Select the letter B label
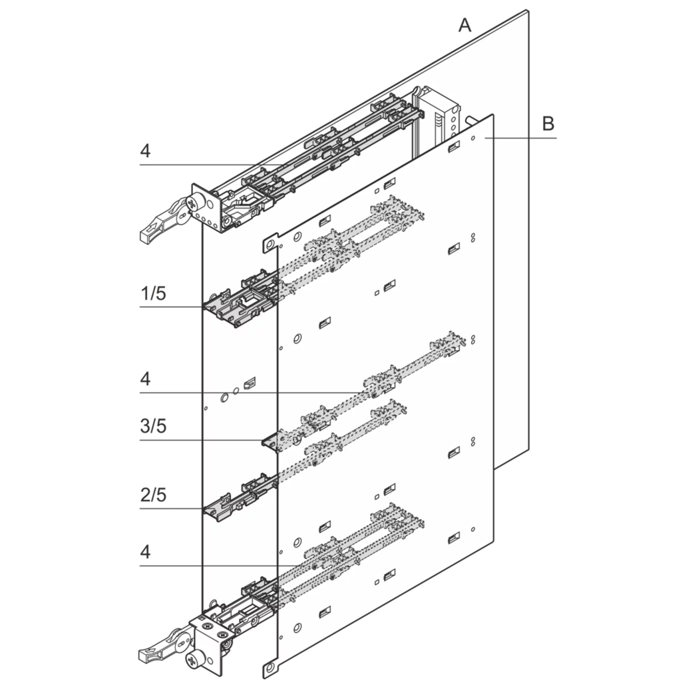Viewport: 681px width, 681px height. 548,123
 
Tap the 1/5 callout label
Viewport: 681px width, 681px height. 153,294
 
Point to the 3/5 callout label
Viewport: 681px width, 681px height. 153,426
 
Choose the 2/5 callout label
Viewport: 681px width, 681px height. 153,494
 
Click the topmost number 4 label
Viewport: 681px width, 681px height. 145,151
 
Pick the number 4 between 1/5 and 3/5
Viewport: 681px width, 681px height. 145,379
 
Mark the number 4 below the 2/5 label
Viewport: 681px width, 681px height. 145,552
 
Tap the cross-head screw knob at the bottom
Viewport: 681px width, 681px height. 194,658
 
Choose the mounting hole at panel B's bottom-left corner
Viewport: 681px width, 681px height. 271,668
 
